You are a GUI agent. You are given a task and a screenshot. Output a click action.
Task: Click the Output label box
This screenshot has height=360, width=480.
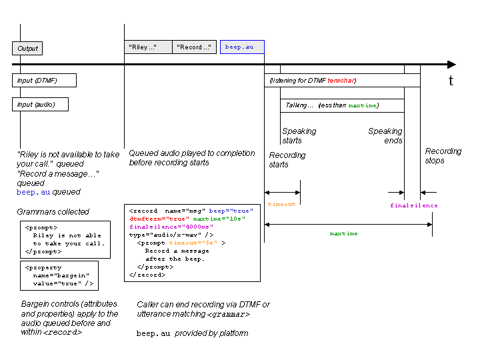click(27, 48)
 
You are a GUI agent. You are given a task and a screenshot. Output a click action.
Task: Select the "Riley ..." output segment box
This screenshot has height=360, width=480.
click(148, 47)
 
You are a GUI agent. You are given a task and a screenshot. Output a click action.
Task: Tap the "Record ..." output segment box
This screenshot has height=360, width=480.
click(194, 47)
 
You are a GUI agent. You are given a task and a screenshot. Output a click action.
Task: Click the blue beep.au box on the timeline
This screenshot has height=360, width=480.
click(242, 47)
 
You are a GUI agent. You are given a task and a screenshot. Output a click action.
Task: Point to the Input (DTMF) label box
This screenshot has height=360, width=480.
click(44, 81)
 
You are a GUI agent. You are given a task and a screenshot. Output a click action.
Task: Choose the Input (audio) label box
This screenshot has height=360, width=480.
click(40, 105)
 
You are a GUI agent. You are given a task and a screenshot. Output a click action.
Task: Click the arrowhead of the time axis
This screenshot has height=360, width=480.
click(451, 65)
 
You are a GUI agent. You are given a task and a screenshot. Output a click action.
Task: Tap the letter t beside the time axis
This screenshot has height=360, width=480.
click(451, 81)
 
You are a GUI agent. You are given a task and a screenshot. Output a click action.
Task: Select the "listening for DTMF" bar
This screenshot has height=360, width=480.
click(342, 81)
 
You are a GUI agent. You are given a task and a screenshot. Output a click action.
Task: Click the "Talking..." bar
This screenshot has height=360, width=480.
click(342, 105)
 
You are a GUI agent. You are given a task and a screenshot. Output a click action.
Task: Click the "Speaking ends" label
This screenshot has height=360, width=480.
click(385, 136)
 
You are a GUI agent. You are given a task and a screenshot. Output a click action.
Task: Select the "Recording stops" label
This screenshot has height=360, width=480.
click(443, 156)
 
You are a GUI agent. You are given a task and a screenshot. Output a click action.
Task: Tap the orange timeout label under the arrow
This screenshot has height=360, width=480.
click(281, 205)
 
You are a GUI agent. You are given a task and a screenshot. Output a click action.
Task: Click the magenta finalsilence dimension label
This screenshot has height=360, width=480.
click(414, 206)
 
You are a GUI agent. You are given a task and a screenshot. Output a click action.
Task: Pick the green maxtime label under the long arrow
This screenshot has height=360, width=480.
click(343, 234)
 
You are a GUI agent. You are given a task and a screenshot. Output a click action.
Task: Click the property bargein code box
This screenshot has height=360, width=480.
click(59, 275)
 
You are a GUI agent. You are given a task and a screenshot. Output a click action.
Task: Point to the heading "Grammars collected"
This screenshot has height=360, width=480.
click(53, 212)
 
